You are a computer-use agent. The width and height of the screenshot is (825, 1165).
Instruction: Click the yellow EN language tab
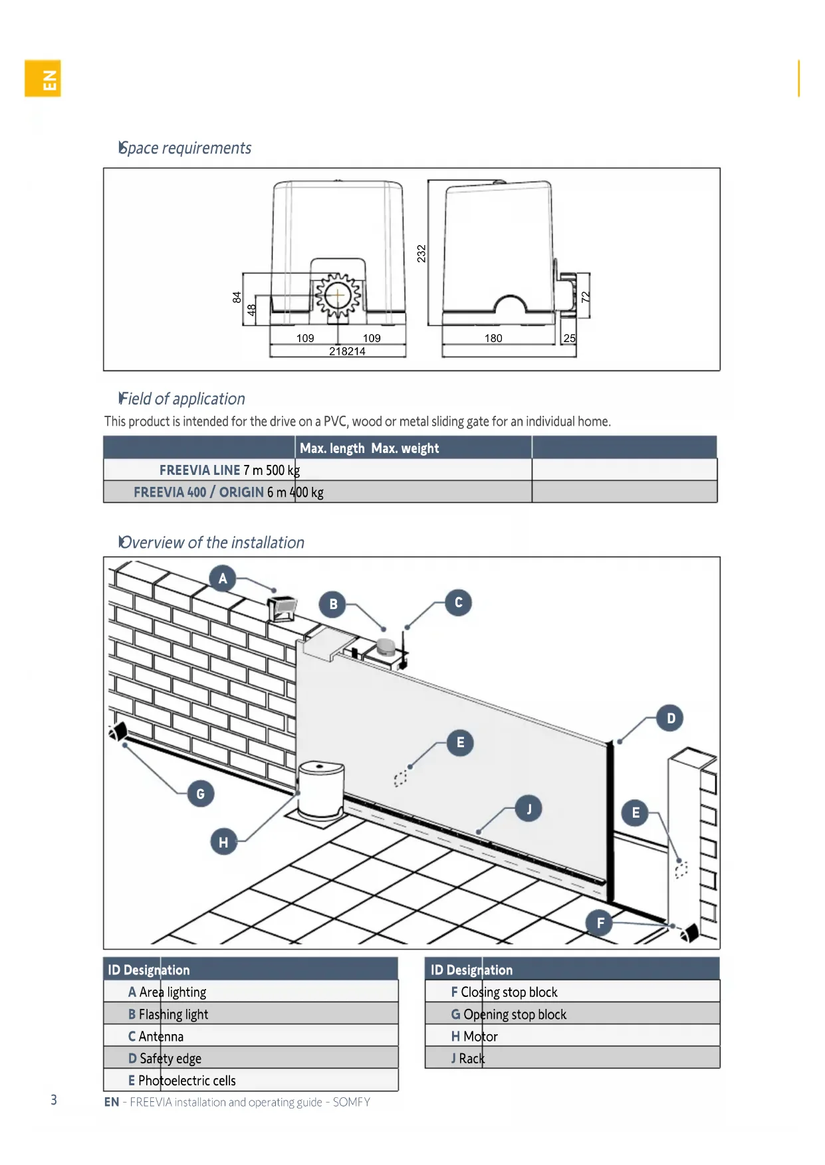43,78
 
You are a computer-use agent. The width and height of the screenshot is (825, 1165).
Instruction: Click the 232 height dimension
421,253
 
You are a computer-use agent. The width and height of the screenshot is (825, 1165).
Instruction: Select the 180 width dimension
493,338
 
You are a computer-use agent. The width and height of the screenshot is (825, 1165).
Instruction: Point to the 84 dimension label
237,297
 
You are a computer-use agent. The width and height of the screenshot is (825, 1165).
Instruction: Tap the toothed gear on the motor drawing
338,296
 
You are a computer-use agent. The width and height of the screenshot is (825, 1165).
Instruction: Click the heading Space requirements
185,148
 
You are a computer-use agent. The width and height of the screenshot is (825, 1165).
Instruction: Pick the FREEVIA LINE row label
199,470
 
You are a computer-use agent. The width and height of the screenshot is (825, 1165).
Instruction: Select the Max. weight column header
405,448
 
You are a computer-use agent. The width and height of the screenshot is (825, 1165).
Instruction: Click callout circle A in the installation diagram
223,579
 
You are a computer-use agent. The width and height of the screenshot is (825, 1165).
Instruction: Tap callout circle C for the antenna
458,602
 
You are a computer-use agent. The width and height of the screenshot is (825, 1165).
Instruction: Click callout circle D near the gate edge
671,718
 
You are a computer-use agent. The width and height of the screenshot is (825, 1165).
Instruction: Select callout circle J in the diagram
529,808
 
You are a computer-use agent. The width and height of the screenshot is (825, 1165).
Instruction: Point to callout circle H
223,842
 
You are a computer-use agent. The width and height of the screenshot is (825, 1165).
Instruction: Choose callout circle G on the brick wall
201,794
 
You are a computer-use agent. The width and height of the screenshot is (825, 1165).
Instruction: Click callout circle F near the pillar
600,923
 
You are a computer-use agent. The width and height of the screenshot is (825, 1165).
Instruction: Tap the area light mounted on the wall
283,608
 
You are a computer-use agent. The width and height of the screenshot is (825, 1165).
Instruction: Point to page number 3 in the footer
54,1100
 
